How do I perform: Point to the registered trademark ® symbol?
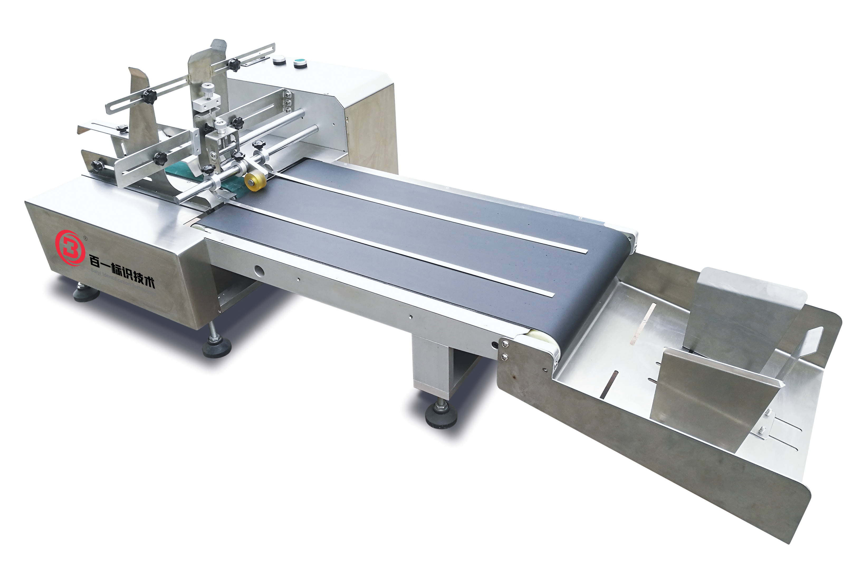click(85, 237)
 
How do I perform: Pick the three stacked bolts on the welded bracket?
click(288, 102)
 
